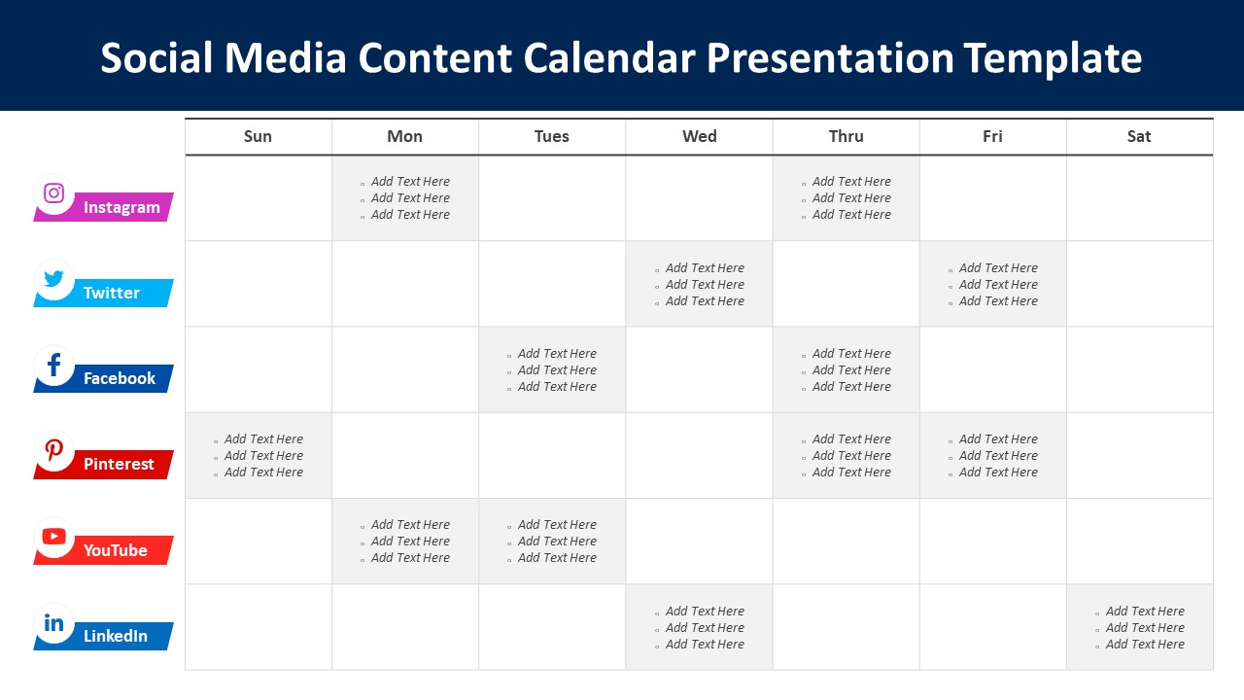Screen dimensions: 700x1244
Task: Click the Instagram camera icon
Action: click(x=54, y=192)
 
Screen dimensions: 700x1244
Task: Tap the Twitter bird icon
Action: click(x=54, y=280)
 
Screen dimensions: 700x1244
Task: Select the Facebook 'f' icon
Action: click(x=54, y=366)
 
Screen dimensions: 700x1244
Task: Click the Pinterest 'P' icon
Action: click(x=54, y=451)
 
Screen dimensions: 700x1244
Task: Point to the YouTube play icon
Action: click(x=54, y=537)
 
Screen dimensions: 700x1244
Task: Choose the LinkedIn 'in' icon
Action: click(x=54, y=623)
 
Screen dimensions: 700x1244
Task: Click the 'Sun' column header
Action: click(x=258, y=136)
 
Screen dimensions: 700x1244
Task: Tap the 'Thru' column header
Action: click(x=846, y=136)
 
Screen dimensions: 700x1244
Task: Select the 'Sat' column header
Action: click(x=1139, y=136)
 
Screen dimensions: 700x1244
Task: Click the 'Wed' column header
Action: click(x=699, y=136)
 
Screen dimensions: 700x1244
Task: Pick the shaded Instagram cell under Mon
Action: click(x=405, y=198)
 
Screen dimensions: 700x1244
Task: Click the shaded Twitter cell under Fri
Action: click(x=992, y=284)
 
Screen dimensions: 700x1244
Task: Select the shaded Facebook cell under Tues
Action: click(x=552, y=369)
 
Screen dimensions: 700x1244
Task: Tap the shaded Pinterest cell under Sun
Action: click(x=259, y=455)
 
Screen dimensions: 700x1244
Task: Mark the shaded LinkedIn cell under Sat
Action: click(x=1139, y=627)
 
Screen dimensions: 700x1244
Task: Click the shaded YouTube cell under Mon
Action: click(x=405, y=542)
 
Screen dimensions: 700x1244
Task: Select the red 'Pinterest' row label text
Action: click(x=119, y=465)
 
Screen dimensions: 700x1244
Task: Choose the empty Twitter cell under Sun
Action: click(x=259, y=284)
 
